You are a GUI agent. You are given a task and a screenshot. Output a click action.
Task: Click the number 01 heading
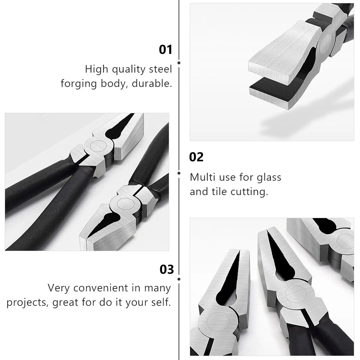tap(166, 50)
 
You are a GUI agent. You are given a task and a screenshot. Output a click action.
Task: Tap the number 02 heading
tap(196, 157)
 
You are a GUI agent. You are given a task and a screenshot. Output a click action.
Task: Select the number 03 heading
tap(167, 269)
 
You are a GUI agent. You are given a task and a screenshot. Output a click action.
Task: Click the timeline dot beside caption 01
tap(179, 63)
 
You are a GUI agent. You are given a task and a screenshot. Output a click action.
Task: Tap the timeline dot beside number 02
tap(179, 173)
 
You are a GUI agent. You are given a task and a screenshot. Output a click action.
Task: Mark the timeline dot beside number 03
tap(179, 279)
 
